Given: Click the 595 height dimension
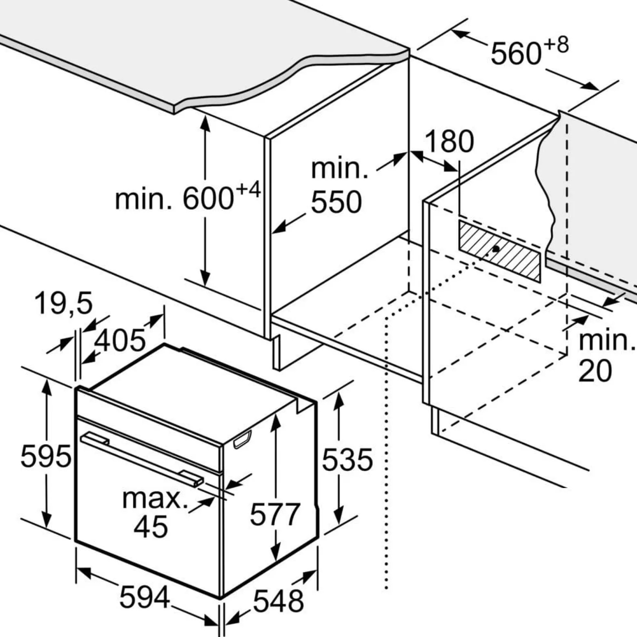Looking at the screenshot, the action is coord(46,456).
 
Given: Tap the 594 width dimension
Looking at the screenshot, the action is coord(145,597).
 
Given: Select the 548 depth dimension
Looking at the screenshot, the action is coord(278,601).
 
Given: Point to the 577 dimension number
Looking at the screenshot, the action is coord(275,514).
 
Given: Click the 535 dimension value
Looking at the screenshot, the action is coord(347,459).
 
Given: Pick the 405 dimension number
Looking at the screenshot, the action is coord(120,340).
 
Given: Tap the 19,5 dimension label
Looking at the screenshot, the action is coord(64,303).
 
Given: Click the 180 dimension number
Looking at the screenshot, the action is coord(449,141).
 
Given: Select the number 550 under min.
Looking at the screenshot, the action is coord(336,202).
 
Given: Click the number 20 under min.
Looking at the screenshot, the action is coord(595,371).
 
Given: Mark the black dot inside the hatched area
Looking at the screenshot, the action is coord(496,248).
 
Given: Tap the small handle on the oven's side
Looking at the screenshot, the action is coord(242,440).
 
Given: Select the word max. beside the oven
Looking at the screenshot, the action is coord(155,498).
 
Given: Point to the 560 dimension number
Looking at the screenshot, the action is coord(516,53).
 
